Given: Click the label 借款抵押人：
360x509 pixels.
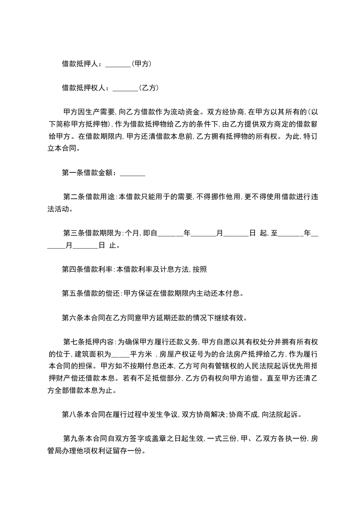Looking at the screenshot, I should click(x=83, y=64).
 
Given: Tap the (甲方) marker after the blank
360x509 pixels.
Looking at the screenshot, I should click(x=141, y=64).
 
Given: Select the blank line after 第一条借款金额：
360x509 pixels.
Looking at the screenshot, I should click(x=132, y=173).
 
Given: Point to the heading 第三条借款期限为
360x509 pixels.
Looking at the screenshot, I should click(x=93, y=234).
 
